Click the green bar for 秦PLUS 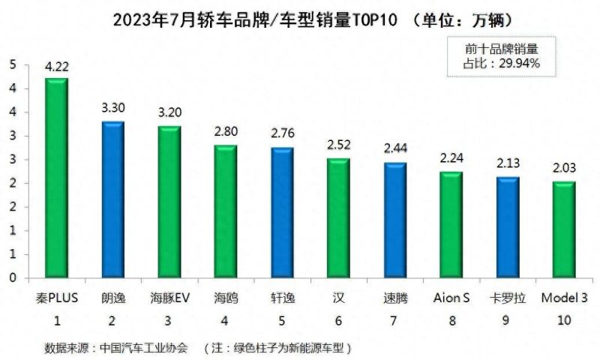tap(56, 178)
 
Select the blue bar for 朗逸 tap(112, 199)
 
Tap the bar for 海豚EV tap(169, 202)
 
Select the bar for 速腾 tap(395, 220)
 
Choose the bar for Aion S tap(451, 225)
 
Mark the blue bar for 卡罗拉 tap(508, 227)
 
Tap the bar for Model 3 tap(564, 229)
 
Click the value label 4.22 tap(56, 67)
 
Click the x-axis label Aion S tap(451, 298)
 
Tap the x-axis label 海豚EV tap(169, 298)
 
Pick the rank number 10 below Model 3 tap(564, 320)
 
